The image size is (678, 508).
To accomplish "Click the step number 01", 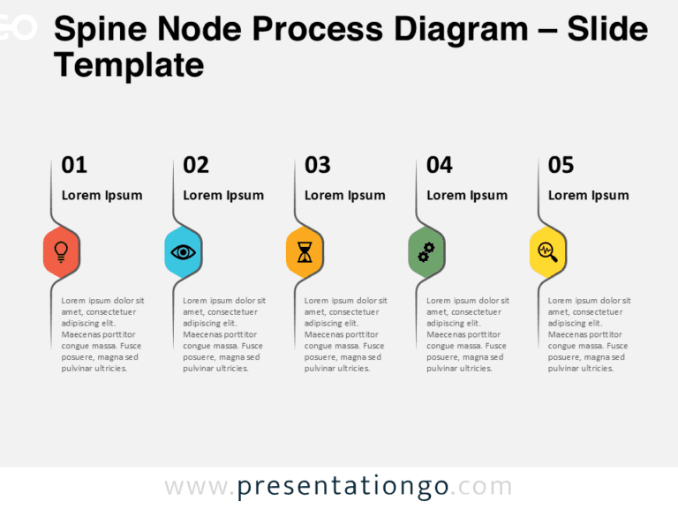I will pos(74,165).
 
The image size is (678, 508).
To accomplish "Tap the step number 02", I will pos(196,165).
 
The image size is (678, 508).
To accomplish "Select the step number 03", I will pos(318,165).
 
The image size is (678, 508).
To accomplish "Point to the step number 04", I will pos(440,165).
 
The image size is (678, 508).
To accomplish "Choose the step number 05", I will pos(561,165).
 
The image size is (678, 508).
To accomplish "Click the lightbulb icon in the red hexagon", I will pos(61,251).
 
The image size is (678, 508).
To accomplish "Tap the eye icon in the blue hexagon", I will pos(183,252).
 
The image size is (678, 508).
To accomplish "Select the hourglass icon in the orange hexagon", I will pos(305,252).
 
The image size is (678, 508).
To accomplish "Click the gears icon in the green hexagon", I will pos(426,252).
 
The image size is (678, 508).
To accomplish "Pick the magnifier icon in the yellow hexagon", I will pos(548,252).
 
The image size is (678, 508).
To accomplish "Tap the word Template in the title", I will pos(129,65).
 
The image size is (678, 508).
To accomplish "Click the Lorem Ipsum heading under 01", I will pos(102,196).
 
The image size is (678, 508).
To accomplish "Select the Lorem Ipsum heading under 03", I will pos(345,196).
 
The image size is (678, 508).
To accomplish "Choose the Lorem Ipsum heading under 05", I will pos(589,196).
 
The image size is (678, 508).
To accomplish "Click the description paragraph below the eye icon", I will pos(223,334).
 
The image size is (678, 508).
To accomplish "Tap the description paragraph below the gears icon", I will pos(467,334).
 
